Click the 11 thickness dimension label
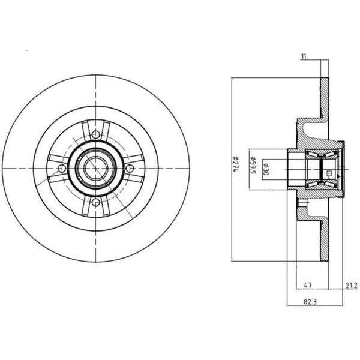(x=304, y=56)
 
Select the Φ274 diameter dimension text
(x=236, y=164)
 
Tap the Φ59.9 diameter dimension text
(x=253, y=165)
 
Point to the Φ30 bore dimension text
(x=266, y=169)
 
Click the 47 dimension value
(x=308, y=286)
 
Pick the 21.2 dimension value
(x=352, y=286)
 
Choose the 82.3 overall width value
(x=310, y=302)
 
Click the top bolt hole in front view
(x=96, y=134)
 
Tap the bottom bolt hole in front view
(x=96, y=203)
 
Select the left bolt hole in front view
(x=62, y=169)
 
